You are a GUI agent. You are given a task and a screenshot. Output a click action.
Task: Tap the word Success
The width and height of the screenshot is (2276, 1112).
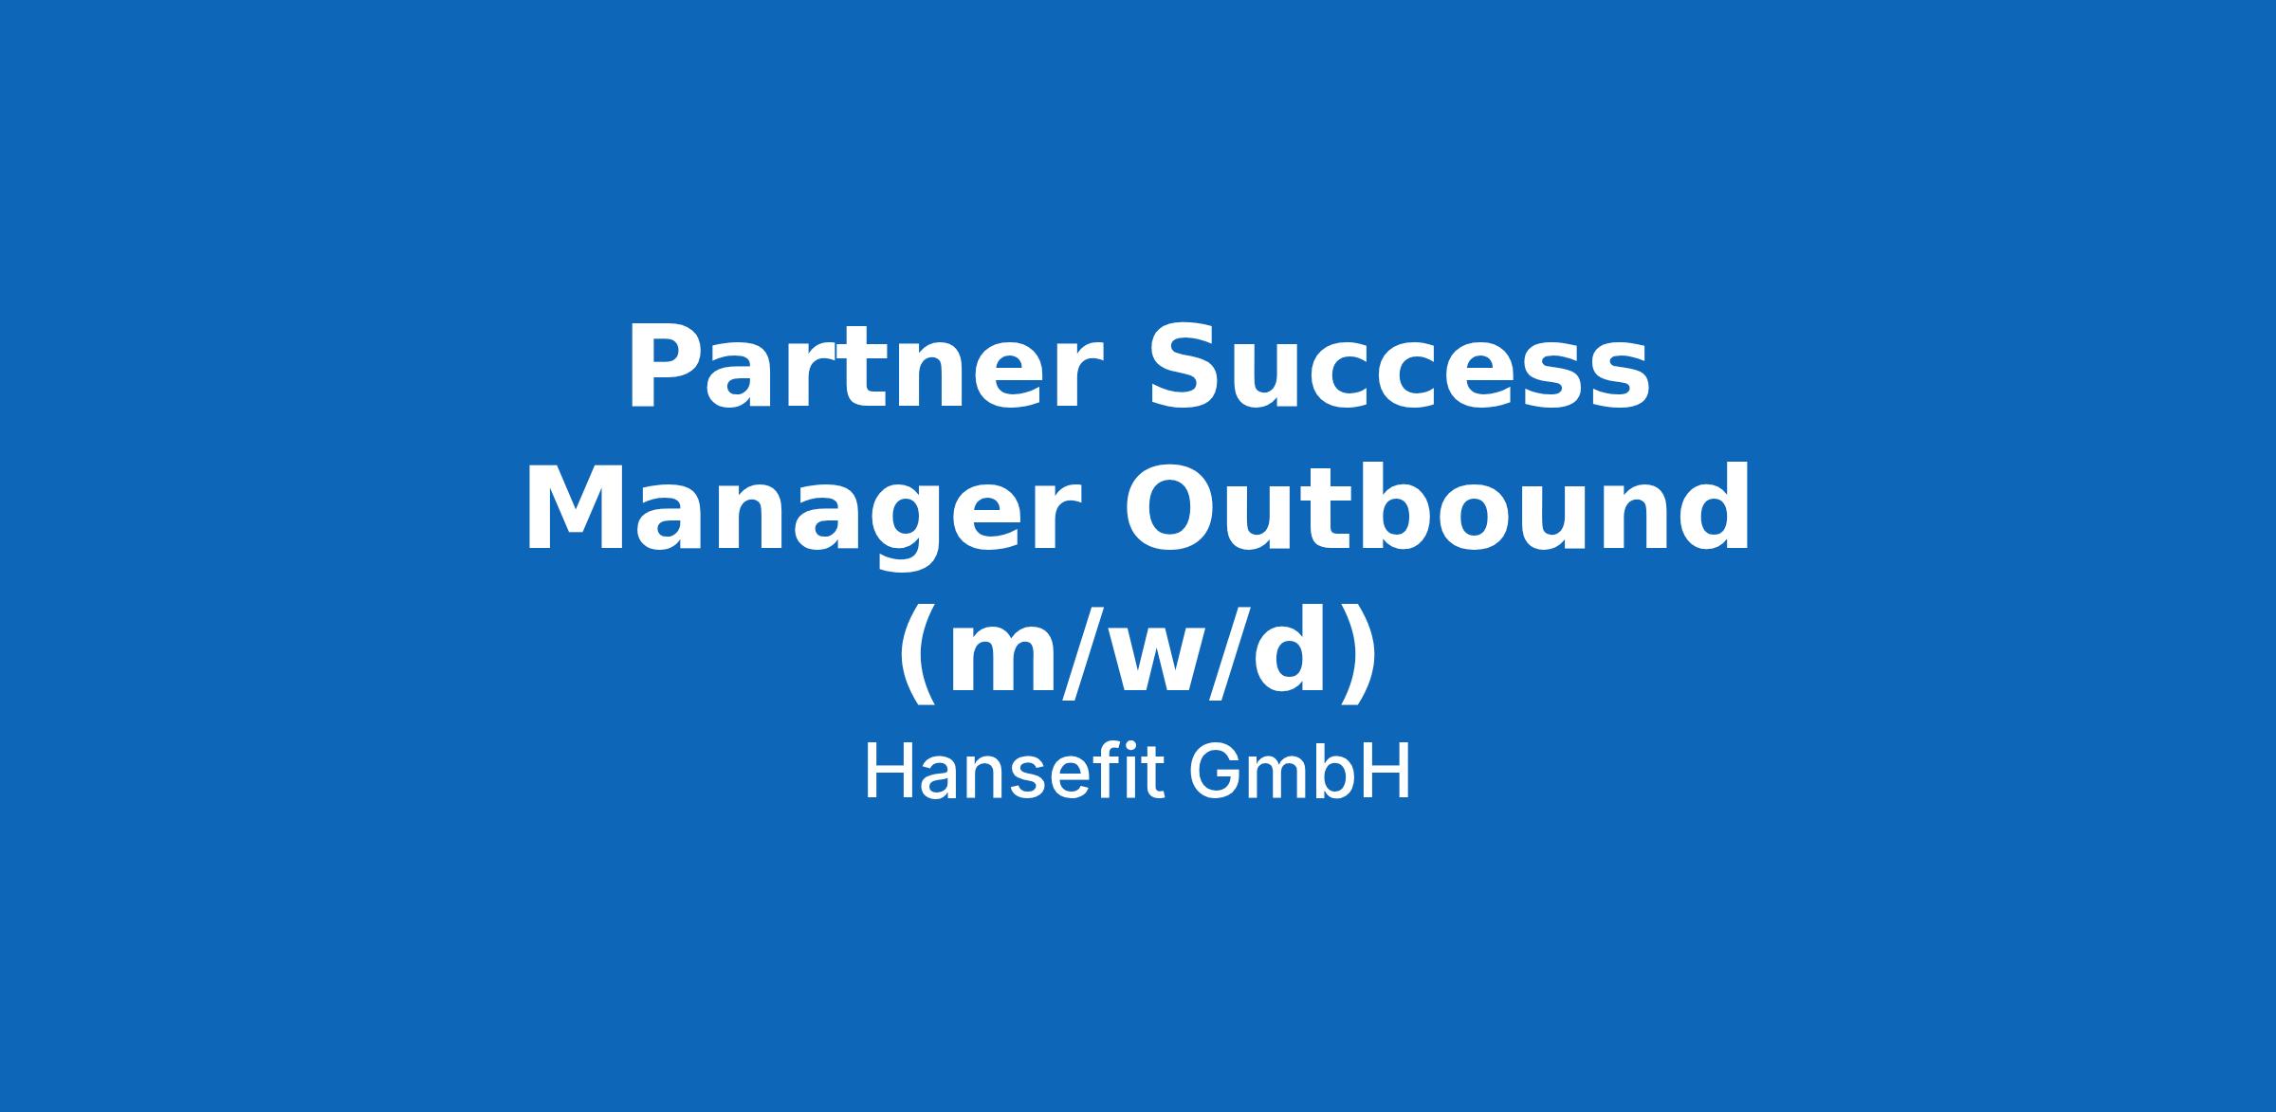(1399, 366)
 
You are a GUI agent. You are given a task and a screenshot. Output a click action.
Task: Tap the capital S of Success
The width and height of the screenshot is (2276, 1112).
(1185, 366)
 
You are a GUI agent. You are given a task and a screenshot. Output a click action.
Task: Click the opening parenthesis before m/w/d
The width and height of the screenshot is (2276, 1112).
(918, 654)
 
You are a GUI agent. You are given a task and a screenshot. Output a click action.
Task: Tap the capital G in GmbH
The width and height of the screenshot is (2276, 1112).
(1214, 773)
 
